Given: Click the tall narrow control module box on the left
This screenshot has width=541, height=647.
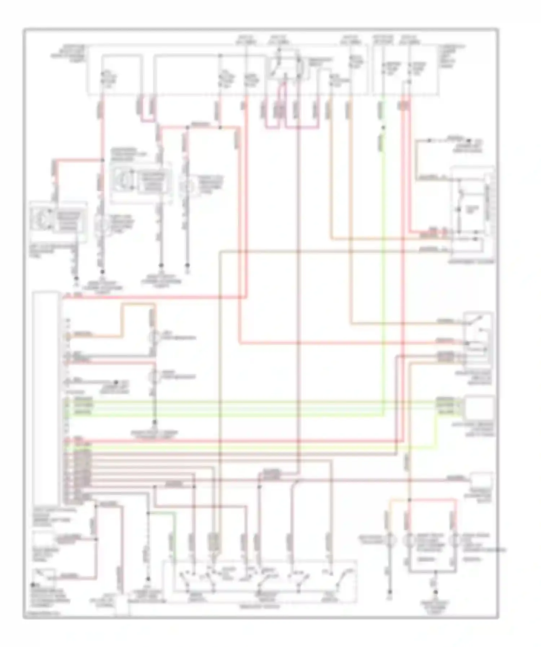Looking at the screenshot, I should point(46,397).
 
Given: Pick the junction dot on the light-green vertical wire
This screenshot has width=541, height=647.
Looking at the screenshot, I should point(383,127).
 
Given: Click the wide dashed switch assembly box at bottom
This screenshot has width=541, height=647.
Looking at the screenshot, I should point(260,581).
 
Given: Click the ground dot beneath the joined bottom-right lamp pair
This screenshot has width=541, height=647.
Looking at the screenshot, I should point(435,592).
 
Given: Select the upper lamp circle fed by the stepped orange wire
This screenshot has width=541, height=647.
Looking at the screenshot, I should point(154,337).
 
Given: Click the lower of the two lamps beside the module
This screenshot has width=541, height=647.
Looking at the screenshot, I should point(154,376).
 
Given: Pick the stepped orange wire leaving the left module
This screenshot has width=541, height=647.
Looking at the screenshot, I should point(123,321).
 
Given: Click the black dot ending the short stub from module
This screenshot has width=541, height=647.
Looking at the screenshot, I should point(116,382).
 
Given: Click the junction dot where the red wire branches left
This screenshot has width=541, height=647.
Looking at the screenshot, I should point(102,160).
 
